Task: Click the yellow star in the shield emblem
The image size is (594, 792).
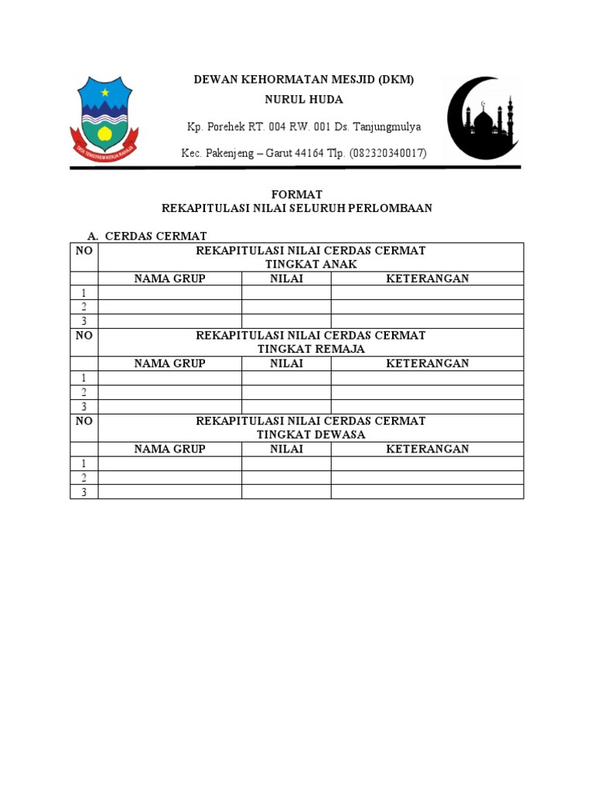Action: click(105, 93)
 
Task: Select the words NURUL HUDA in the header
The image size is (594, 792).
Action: click(304, 100)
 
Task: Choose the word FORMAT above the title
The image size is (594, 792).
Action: click(296, 194)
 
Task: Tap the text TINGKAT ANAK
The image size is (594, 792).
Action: click(311, 264)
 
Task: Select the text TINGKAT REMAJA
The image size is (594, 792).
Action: click(311, 349)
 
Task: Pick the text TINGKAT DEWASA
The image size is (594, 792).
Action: click(311, 435)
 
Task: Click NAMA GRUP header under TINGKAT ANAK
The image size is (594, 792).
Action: click(169, 278)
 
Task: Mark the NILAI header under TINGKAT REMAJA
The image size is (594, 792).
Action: click(286, 364)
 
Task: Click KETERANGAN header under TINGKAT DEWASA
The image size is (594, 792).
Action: click(427, 449)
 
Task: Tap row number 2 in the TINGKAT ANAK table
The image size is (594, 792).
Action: click(84, 307)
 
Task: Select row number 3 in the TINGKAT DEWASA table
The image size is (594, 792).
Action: click(84, 492)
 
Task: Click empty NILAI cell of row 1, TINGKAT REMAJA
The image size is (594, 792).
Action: click(286, 378)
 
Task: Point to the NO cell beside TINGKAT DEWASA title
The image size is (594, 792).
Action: click(84, 422)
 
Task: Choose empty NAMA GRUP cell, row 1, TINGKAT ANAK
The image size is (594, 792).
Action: click(169, 292)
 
